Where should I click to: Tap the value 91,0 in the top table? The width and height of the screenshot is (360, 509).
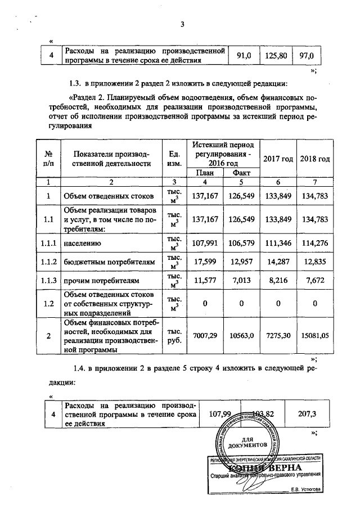click(244, 56)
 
